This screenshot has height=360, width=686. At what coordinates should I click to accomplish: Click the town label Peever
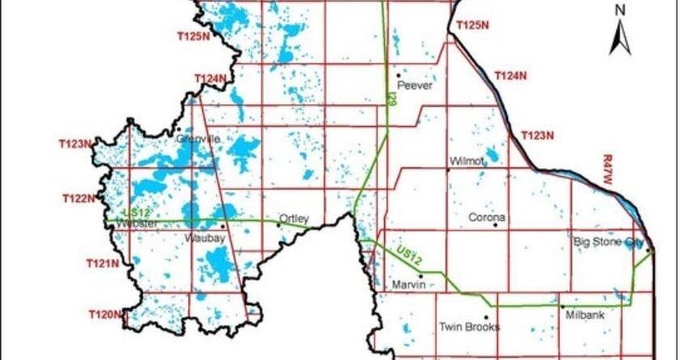[x=415, y=85]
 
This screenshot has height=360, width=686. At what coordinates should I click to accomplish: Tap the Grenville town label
[x=197, y=138]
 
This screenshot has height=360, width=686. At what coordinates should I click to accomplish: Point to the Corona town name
[x=487, y=218]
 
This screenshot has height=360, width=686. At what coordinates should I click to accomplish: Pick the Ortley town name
[x=293, y=218]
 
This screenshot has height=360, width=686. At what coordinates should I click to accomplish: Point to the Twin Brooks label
[x=469, y=328]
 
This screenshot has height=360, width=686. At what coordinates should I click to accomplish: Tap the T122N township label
[x=78, y=198]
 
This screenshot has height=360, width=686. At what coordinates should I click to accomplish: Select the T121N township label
[x=103, y=263]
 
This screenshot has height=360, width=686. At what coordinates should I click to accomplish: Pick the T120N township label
[x=105, y=313]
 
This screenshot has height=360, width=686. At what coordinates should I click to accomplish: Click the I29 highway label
[x=391, y=100]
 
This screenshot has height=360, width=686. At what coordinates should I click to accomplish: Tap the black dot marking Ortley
[x=279, y=225]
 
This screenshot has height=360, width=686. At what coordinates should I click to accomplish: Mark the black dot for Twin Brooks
[x=485, y=318]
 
